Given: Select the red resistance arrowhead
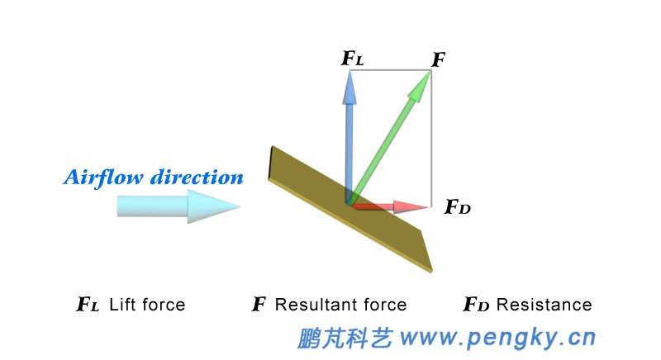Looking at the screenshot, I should tap(412, 206).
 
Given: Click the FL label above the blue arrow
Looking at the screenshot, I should tap(352, 59).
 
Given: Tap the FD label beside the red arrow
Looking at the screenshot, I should tap(458, 207).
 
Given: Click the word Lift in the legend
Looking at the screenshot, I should tap(123, 305).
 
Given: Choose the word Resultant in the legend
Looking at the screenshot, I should tap(315, 305).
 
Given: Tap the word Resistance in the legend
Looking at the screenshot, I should tap(544, 305).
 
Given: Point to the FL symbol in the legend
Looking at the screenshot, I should tap(88, 306).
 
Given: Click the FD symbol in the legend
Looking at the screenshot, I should tap(476, 306).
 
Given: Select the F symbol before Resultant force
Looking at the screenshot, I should tap(259, 306).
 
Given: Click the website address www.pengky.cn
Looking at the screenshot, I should tap(499, 338).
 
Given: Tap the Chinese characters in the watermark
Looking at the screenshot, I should tap(345, 338).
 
